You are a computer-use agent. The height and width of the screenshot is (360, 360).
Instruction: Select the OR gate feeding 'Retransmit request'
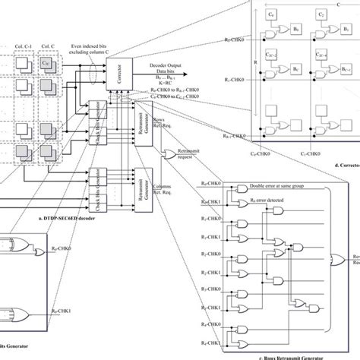169,155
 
